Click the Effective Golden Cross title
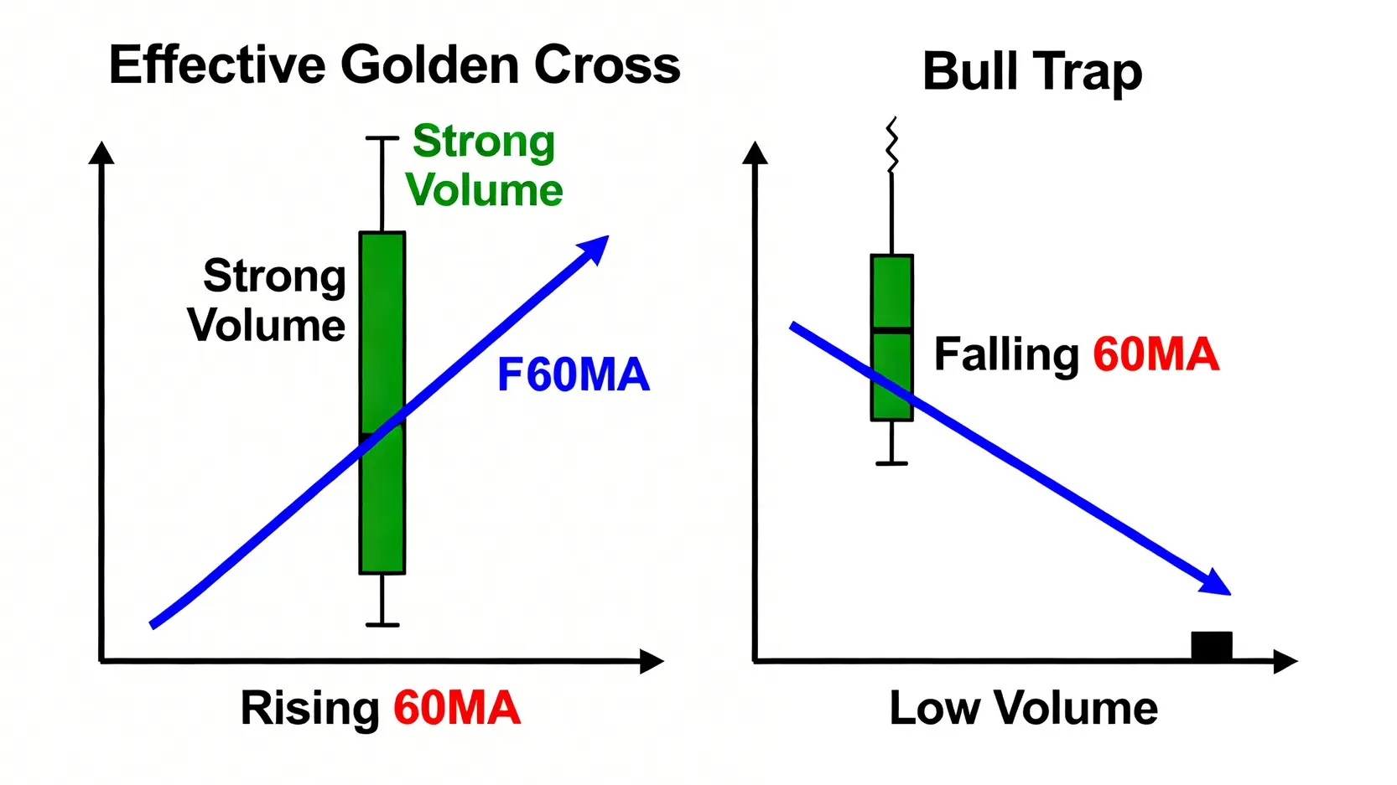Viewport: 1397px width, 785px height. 394,65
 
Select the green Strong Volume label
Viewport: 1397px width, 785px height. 484,165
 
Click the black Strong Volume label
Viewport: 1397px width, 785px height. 267,300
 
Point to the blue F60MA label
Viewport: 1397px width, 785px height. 574,375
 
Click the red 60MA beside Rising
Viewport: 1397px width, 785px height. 457,709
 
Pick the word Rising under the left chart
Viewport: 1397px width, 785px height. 310,709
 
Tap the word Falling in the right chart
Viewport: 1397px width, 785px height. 1006,355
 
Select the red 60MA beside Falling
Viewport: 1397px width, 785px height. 1156,354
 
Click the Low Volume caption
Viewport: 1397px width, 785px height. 1023,709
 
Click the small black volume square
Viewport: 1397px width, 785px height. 1212,645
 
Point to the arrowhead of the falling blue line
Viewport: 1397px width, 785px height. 1216,583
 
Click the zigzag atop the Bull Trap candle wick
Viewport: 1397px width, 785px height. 892,145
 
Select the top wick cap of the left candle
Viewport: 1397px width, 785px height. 382,138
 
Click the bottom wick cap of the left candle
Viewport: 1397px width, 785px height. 382,624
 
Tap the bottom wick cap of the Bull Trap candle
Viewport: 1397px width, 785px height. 892,463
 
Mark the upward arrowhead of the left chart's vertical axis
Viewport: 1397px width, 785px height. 101,152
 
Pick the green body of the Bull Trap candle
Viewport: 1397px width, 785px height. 892,338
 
